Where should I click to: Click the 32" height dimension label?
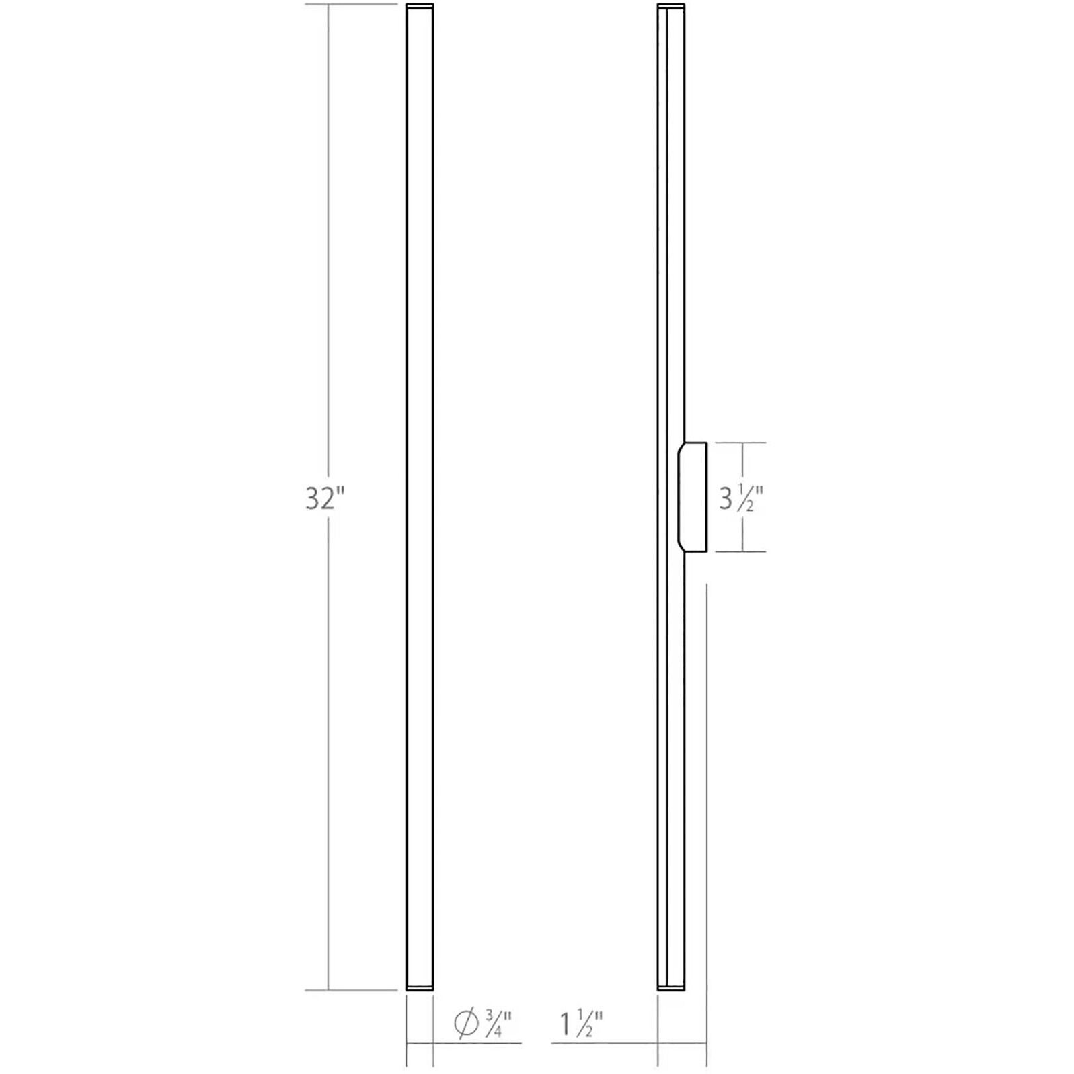pos(324,498)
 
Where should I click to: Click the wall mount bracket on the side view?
pos(693,497)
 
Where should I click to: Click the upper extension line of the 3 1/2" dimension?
pos(740,442)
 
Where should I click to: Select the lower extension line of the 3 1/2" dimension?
pos(740,552)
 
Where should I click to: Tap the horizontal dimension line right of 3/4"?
pos(477,1043)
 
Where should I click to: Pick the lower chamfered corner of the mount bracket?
pos(681,546)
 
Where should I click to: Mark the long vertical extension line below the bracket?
pos(707,807)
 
